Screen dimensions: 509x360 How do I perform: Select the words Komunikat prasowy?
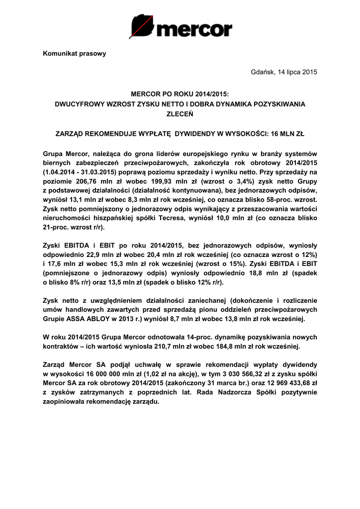75,54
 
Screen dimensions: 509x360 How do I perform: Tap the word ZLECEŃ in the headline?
180,113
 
